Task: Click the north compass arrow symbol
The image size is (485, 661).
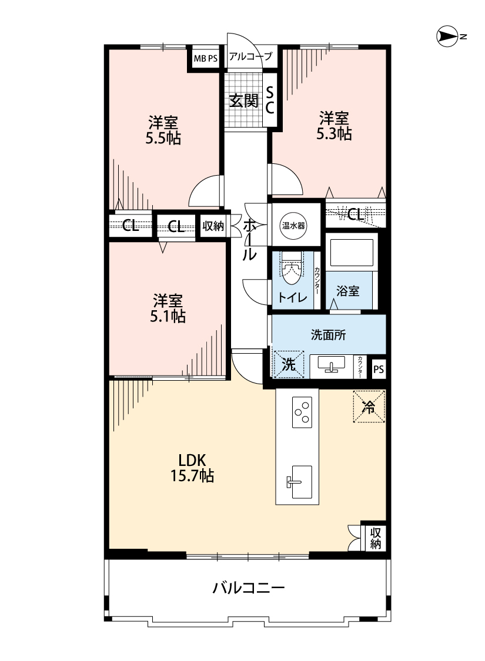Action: pos(447,36)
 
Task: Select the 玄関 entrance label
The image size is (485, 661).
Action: pos(244,100)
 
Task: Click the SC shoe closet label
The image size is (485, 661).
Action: pos(270,100)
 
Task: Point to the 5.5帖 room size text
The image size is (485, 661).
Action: pos(163,138)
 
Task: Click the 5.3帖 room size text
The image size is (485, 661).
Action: pos(334,133)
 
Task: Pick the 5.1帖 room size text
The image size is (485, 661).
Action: pos(168,316)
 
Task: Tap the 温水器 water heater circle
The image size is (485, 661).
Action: pos(293,226)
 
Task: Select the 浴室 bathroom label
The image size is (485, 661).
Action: pos(348,291)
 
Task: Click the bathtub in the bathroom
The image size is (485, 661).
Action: pos(352,252)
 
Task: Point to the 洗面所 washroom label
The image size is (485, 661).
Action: pos(328,335)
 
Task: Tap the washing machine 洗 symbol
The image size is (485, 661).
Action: pos(289,364)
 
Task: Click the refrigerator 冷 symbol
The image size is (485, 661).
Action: pos(369,407)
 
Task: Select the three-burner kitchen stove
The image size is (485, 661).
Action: pos(302,412)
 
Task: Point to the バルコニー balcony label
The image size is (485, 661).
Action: pos(249,588)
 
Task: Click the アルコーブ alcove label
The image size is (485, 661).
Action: pos(250,56)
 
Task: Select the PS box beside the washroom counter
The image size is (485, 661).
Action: pos(379,370)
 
